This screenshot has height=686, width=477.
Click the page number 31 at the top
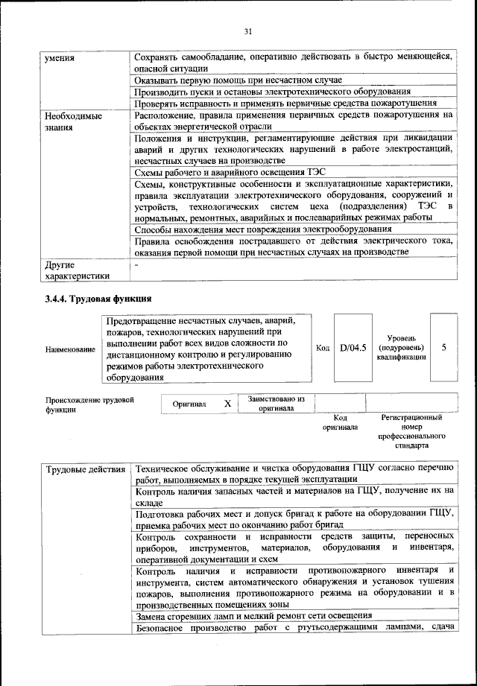click(x=248, y=31)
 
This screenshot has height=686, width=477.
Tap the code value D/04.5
click(x=353, y=347)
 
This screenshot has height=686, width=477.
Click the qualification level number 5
click(x=444, y=347)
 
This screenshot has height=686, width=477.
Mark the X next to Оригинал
click(x=227, y=403)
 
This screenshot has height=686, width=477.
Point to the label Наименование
click(x=70, y=349)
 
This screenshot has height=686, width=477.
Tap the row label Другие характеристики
click(x=77, y=270)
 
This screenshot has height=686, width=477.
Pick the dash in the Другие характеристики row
click(x=136, y=264)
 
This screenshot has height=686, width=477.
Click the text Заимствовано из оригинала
click(x=276, y=403)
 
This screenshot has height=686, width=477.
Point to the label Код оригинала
click(x=340, y=422)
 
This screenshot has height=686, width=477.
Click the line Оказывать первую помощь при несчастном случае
click(x=238, y=80)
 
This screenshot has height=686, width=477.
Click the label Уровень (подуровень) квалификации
click(x=402, y=347)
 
